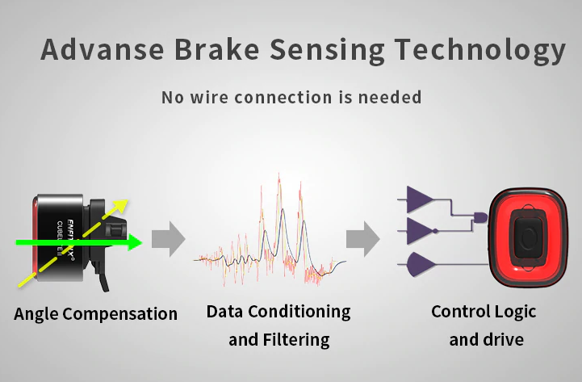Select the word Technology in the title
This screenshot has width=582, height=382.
click(479, 49)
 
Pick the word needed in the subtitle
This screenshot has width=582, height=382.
click(391, 98)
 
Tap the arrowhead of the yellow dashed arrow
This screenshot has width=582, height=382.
click(120, 205)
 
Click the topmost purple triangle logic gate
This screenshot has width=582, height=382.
click(419, 199)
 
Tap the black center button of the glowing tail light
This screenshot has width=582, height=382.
click(527, 239)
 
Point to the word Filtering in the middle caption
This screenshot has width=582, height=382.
click(296, 340)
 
